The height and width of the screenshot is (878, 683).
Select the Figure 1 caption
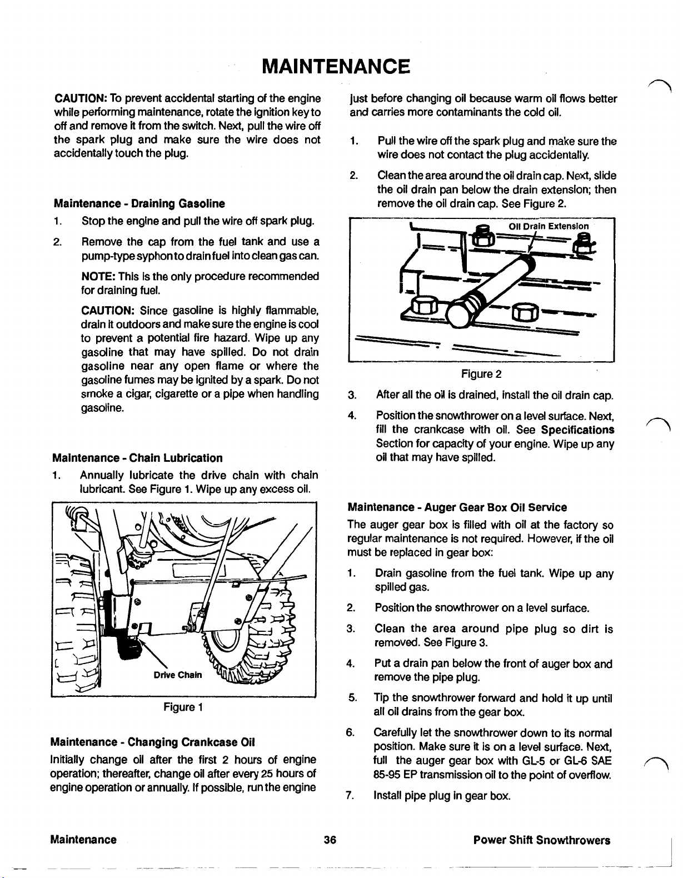pos(183,707)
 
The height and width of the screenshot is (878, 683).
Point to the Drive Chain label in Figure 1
pos(178,675)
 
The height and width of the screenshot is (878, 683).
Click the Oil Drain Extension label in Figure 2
pos(549,226)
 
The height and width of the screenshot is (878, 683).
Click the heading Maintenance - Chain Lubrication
pos(137,458)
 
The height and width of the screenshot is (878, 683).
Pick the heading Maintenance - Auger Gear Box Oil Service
pos(457,507)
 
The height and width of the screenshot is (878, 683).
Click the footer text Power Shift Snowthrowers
pos(542,840)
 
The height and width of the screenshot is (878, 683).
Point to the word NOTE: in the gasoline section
pos(98,277)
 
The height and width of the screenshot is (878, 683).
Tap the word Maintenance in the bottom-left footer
pos(84,840)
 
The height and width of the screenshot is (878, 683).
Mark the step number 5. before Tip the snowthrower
pos(350,698)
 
